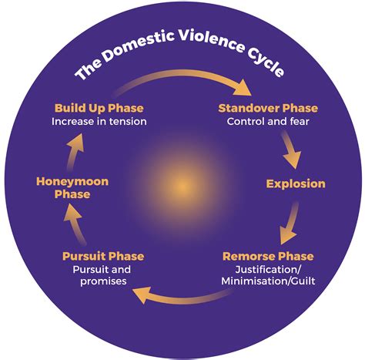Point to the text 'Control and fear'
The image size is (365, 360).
coord(263,121)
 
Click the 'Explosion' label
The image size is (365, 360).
coord(296,183)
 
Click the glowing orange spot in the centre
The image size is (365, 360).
coord(182,186)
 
